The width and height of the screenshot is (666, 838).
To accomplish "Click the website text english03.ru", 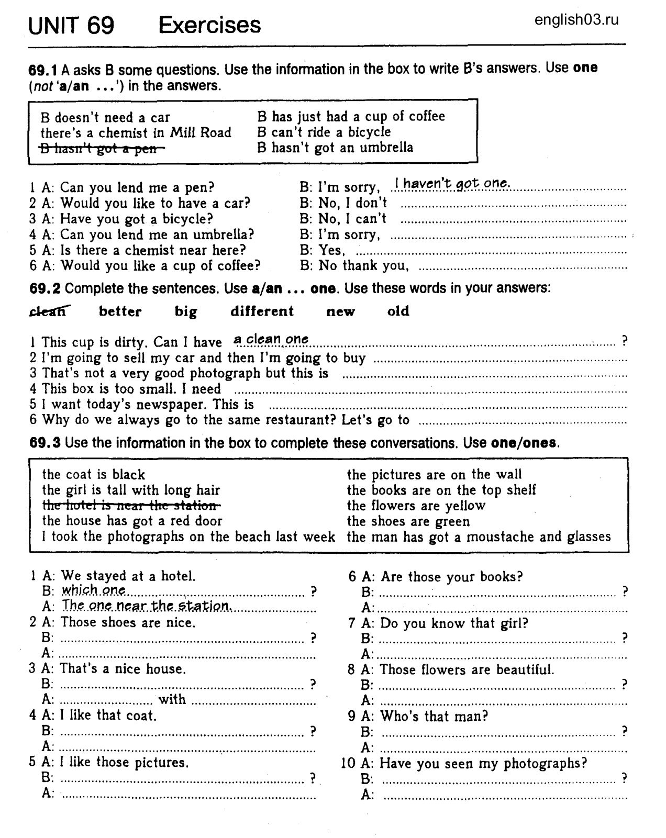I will click(576, 20).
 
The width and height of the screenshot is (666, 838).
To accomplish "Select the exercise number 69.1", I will click(43, 69).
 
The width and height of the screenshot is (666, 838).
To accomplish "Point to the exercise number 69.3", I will click(45, 443).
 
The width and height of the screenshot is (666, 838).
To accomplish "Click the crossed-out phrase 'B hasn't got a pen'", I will click(103, 149).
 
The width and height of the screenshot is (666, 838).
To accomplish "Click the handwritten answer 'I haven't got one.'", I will click(451, 183).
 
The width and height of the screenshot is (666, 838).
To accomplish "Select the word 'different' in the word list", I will click(262, 311).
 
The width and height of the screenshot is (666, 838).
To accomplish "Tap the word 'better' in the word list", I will click(120, 311).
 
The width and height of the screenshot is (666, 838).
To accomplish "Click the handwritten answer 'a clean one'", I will click(271, 339).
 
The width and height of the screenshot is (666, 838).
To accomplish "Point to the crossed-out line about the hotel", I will click(131, 506).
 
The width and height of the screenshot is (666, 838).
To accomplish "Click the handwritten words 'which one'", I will click(94, 590).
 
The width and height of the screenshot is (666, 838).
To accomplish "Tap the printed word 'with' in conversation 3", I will click(172, 699).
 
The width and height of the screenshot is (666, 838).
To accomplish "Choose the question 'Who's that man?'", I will click(434, 716).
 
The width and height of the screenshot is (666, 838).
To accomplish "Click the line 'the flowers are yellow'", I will click(416, 506).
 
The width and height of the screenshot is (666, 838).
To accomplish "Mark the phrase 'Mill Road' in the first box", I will click(201, 132).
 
